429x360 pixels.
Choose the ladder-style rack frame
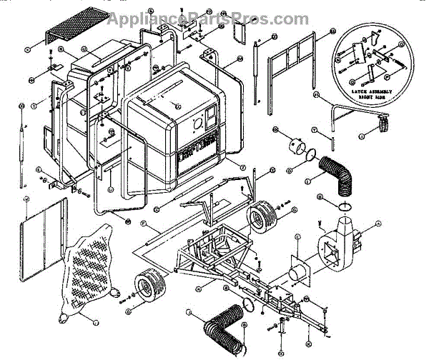(293, 61)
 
